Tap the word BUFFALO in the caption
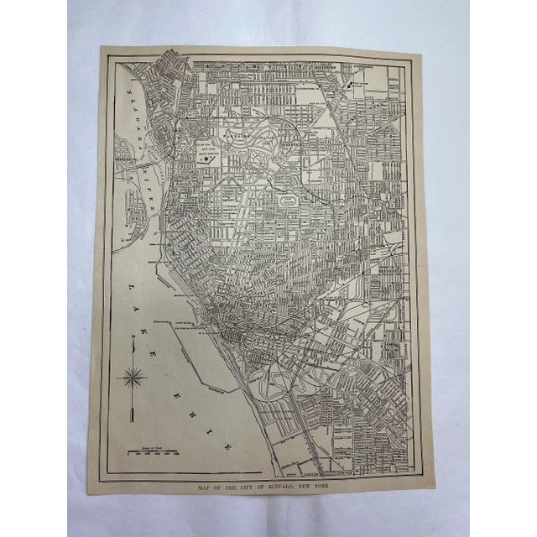[292, 487]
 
